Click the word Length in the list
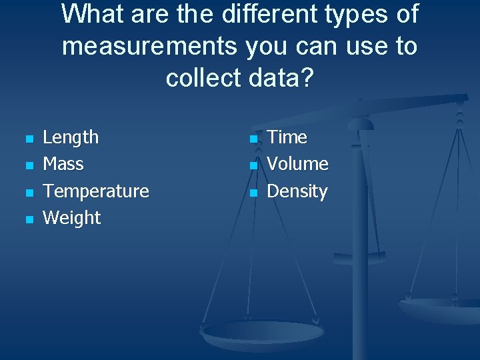70,137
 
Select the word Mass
63,164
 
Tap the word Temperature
95,191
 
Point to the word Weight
71,218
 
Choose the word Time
287,137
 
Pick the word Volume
297,164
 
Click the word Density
297,191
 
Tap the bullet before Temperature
28,193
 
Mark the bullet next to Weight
28,219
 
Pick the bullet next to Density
253,193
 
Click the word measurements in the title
149,47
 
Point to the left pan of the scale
263,331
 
